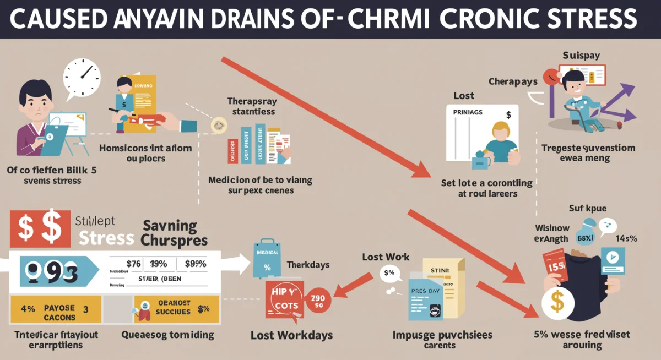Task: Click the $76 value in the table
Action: coord(133,264)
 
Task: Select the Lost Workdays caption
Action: coord(291,335)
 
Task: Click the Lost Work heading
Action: coord(386,257)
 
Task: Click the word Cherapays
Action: coord(512,81)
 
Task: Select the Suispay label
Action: coord(581,56)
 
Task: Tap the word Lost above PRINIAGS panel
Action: coord(464,96)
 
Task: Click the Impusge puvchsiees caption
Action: coord(442,335)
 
